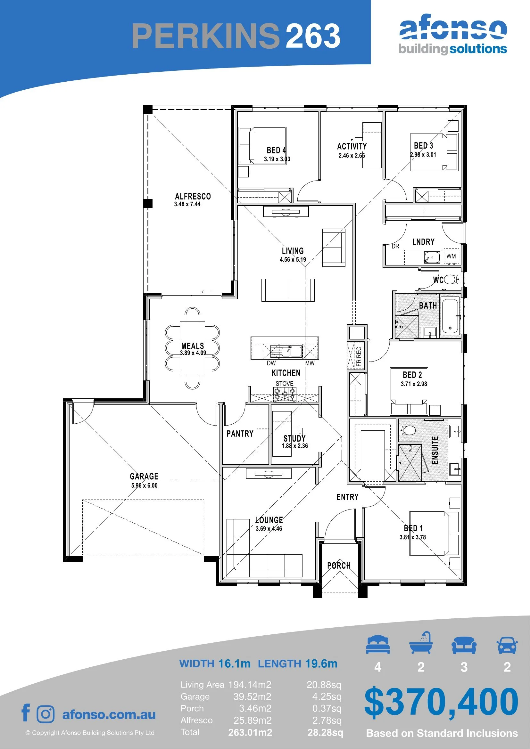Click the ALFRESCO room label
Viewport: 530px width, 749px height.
pos(193,196)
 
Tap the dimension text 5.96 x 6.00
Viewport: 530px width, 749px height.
pos(144,485)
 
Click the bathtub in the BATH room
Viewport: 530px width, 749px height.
pos(450,316)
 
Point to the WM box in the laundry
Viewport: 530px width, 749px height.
pos(451,256)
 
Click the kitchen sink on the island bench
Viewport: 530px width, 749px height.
pos(286,352)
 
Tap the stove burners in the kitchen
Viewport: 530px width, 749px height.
pos(285,395)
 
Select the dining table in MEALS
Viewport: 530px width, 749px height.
pos(193,348)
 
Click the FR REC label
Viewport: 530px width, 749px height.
pos(359,356)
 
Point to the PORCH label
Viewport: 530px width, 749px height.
pos(339,565)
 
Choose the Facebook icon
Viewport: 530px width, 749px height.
pos(26,712)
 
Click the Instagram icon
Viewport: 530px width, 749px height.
pos(46,714)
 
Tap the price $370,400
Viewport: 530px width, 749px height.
pos(441,702)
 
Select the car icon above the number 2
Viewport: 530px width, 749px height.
pos(507,645)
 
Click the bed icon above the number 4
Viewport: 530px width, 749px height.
pos(377,644)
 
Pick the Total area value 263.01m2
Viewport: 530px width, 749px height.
pos(250,732)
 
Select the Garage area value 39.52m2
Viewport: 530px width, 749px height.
pos(252,696)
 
